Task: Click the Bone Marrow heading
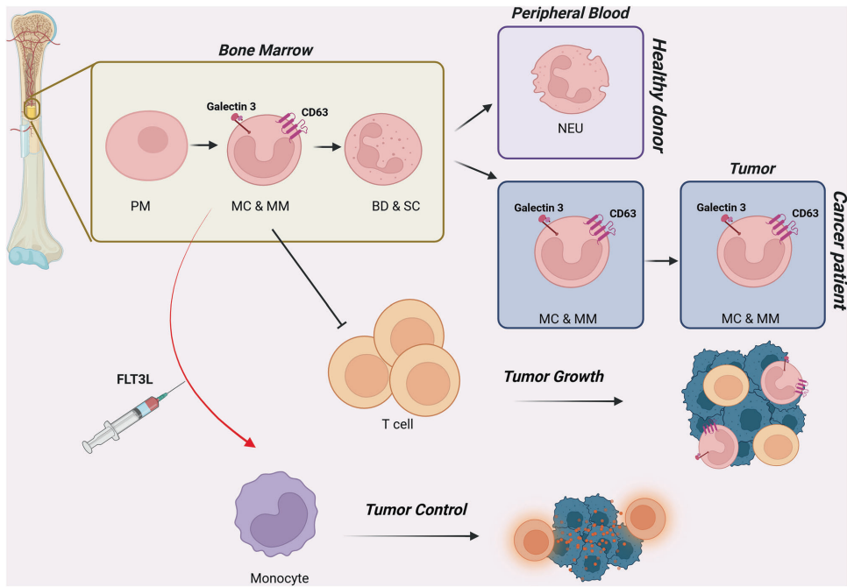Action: (x=266, y=49)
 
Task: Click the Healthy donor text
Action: (x=657, y=96)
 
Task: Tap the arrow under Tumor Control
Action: (x=411, y=535)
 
